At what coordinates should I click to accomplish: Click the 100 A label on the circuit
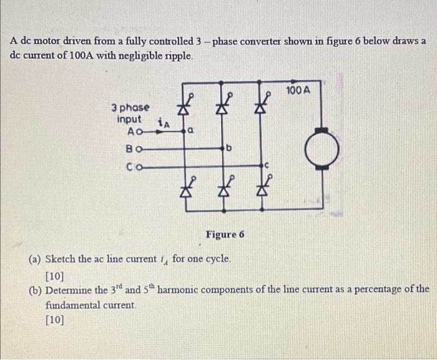(298, 90)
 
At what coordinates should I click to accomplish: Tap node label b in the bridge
(229, 149)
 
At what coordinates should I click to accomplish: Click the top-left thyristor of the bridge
(184, 107)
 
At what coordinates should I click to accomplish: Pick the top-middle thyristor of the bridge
(220, 107)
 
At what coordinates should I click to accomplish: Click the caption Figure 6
(225, 235)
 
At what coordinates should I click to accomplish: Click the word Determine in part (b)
(70, 290)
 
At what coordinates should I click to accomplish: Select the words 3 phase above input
(130, 107)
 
